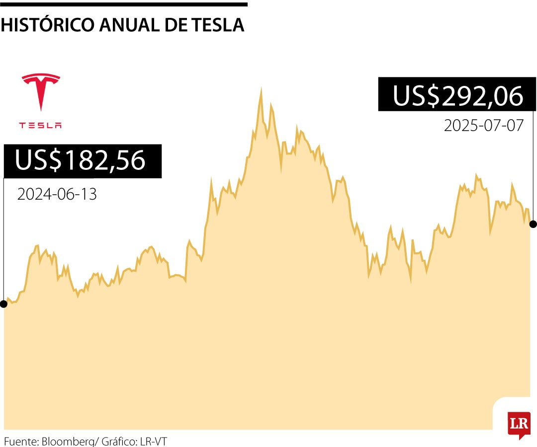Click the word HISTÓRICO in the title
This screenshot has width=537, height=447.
point(47,25)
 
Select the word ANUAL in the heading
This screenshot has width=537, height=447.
point(128,25)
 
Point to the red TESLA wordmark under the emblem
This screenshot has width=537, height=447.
point(41,125)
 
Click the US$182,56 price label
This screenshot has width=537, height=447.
point(83,161)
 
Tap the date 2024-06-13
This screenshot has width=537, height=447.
point(57,194)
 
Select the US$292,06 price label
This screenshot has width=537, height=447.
point(457,95)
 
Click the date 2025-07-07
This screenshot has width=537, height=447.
point(484,125)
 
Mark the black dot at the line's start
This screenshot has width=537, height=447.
point(4,303)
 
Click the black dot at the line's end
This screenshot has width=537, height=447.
point(533,224)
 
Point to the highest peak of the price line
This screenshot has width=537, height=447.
point(261,89)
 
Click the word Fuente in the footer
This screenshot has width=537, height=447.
point(21,441)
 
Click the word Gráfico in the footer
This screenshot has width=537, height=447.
point(119,441)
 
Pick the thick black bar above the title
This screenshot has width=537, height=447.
point(124,4)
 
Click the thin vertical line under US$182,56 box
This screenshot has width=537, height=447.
point(4,238)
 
